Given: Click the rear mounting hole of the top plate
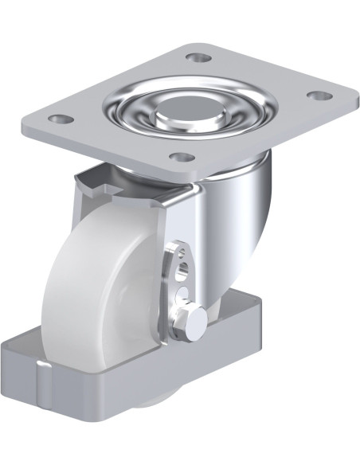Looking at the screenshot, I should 196,57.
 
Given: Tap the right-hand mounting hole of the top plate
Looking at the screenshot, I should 317,96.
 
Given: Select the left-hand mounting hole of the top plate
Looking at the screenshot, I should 56,119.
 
